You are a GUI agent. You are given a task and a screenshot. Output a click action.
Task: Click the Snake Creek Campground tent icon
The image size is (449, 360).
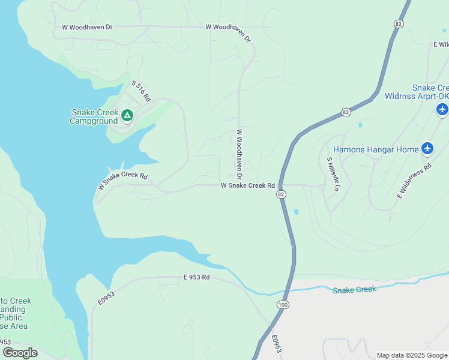(127, 115)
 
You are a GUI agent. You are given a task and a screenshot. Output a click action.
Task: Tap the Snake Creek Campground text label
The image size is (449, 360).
(94, 116)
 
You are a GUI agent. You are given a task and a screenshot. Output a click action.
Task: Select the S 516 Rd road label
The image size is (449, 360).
(140, 92)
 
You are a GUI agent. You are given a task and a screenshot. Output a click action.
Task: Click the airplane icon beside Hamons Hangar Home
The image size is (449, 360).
(427, 148)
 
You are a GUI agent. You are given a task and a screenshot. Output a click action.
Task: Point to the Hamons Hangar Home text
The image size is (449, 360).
(376, 149)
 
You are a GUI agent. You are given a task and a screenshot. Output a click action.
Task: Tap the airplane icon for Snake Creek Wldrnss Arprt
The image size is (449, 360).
(442, 109)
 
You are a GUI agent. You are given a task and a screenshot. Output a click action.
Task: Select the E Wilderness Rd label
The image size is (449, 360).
(414, 181)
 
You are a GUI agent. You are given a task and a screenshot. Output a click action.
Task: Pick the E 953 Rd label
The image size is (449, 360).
(197, 277)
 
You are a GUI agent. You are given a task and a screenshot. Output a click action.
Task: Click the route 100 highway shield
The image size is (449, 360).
(282, 305)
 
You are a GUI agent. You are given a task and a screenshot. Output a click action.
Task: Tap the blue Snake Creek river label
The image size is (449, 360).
(354, 290)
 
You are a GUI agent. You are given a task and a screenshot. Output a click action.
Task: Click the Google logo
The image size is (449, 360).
(20, 352)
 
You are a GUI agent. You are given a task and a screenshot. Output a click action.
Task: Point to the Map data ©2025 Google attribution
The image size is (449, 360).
(412, 355)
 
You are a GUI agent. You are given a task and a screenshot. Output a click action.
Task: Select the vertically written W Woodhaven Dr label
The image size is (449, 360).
(238, 155)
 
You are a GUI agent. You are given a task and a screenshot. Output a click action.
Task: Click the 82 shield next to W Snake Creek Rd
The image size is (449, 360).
(281, 195)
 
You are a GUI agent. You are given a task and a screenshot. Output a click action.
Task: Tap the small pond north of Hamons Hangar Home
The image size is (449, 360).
(360, 125)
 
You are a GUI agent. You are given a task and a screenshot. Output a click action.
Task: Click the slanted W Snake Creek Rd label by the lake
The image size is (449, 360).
(122, 181)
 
